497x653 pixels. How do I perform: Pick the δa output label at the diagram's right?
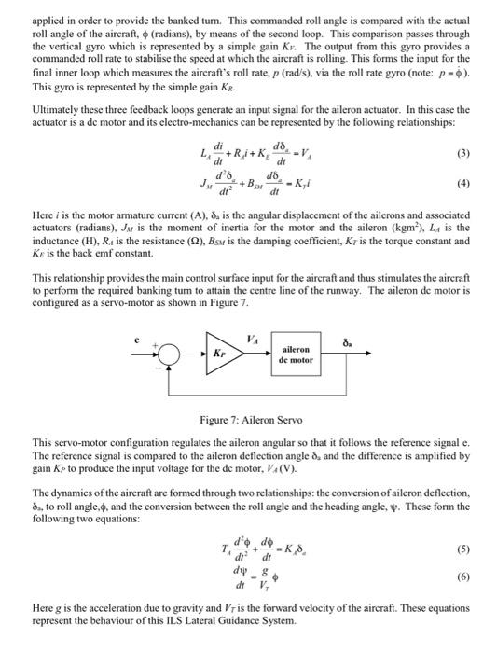(352, 342)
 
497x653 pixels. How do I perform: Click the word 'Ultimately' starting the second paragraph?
(55, 109)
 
